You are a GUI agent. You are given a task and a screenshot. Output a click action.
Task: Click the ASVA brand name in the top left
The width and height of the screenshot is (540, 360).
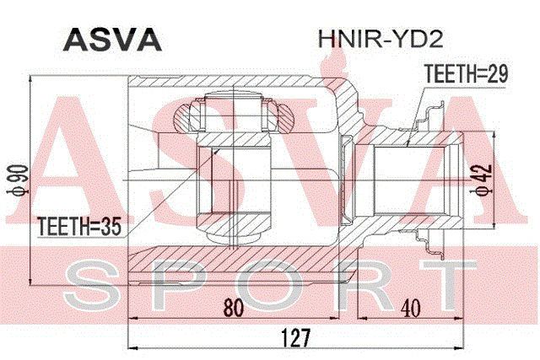112,40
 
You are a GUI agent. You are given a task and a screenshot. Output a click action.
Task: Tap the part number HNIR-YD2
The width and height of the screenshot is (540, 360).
380,39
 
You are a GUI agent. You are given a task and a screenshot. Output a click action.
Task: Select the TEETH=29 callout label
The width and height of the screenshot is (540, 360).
467,73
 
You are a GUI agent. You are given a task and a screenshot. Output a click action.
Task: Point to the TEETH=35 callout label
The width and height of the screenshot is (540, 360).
79,226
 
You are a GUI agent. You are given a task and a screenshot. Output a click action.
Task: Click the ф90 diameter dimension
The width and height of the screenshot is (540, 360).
17,180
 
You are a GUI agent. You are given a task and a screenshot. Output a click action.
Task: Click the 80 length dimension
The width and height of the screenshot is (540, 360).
234,308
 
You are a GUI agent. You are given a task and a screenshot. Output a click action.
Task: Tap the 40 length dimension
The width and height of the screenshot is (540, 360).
410,308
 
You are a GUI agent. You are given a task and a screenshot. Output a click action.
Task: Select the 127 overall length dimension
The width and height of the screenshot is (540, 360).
296,337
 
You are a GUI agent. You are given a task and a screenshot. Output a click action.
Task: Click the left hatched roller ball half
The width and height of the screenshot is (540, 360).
181,117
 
